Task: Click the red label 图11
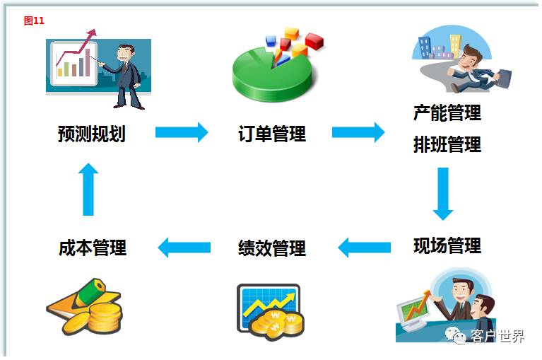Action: (x=34, y=21)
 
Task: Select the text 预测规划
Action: (x=92, y=133)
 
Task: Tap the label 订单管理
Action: (x=272, y=134)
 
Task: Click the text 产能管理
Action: (x=447, y=112)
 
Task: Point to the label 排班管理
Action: (x=447, y=145)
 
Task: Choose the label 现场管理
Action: (x=447, y=245)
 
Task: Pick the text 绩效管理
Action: (x=272, y=248)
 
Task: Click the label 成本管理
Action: (x=93, y=248)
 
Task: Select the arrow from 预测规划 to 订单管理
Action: (x=182, y=132)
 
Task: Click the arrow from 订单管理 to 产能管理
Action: (x=358, y=132)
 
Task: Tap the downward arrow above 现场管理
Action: (x=443, y=193)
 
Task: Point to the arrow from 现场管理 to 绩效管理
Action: (x=364, y=247)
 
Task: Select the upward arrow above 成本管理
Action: (x=88, y=188)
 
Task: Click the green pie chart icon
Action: (x=272, y=71)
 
